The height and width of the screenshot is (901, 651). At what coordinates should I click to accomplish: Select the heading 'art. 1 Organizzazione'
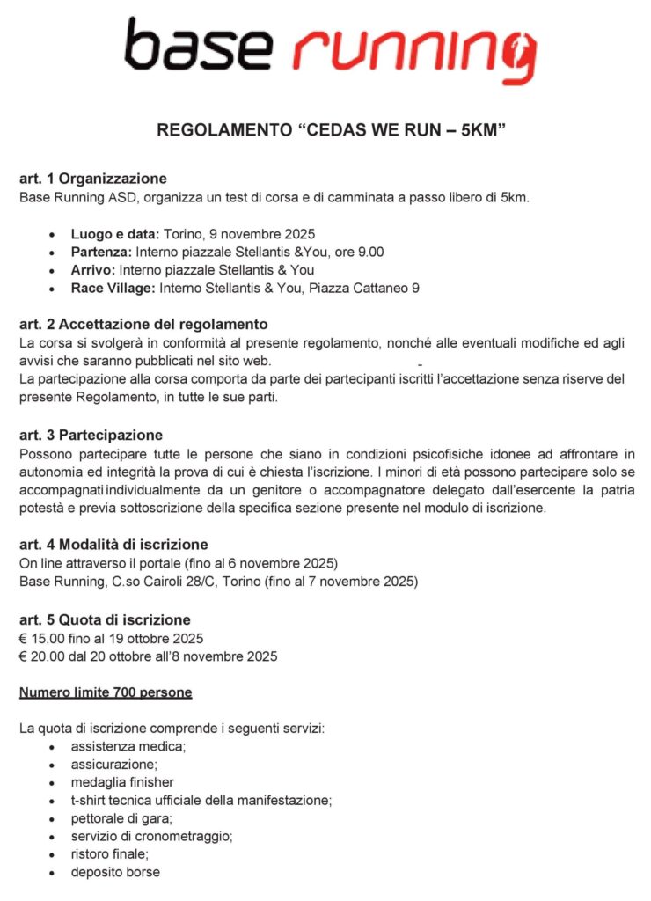tap(93, 179)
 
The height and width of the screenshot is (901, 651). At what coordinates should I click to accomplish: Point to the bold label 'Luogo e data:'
tap(116, 234)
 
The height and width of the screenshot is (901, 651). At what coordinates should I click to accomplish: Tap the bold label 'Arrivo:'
tap(93, 270)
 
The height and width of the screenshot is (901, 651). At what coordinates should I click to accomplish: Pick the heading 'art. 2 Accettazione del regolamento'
tap(143, 325)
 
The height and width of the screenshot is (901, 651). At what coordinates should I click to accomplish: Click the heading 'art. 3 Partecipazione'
tap(91, 435)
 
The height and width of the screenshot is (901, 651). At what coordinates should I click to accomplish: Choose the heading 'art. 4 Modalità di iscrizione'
tap(113, 545)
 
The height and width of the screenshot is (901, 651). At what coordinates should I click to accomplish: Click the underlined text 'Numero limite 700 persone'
tap(106, 692)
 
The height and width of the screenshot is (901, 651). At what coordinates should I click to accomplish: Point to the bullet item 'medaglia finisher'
tap(122, 782)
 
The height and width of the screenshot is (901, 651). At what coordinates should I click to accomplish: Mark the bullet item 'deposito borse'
tap(115, 873)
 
